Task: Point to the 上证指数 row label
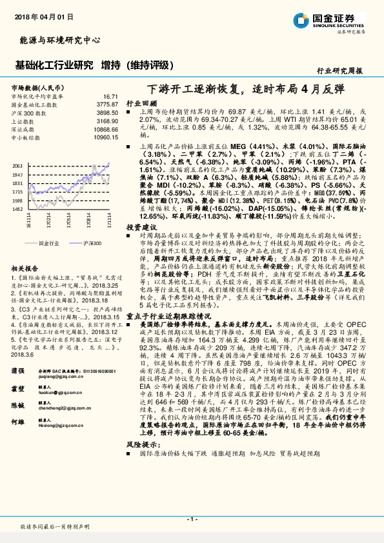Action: click(x=25, y=121)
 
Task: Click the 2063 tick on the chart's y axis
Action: click(x=17, y=166)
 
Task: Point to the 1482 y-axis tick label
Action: click(x=17, y=209)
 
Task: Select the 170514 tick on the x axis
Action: click(x=69, y=223)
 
